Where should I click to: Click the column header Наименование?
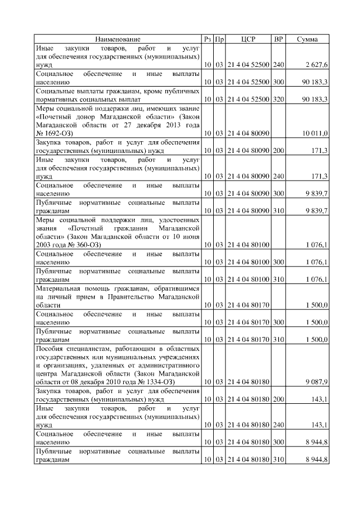click(x=118, y=39)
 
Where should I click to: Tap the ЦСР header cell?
click(x=249, y=39)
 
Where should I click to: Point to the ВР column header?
click(x=278, y=39)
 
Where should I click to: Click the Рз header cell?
click(x=208, y=39)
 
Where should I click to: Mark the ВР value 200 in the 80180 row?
click(x=278, y=399)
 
